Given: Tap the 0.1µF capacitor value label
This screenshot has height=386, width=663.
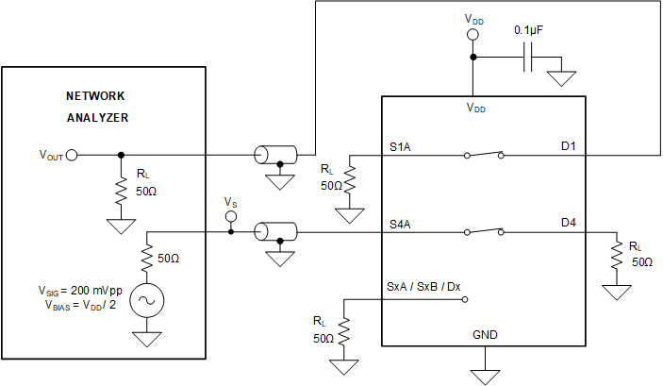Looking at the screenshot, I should click(x=529, y=30).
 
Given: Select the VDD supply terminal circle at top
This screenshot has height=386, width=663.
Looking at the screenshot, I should click(x=473, y=34).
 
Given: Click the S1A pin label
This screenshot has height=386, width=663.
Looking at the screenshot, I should click(x=400, y=148).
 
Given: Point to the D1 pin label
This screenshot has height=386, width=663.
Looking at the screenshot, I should click(x=569, y=148).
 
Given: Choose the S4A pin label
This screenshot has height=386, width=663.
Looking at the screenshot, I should click(x=400, y=225).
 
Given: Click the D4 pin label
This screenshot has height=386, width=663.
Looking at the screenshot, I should click(x=569, y=225).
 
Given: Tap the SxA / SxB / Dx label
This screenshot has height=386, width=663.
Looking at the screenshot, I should click(x=423, y=285).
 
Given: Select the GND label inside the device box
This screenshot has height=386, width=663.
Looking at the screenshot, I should click(x=485, y=335).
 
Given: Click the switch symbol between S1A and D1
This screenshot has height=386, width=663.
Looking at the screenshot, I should click(x=484, y=154).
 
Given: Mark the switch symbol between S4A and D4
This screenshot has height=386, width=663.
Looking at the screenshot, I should click(x=484, y=230).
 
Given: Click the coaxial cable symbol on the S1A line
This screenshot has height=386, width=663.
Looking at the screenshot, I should click(x=275, y=155).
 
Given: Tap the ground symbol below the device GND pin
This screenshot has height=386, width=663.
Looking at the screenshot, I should click(x=485, y=376).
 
